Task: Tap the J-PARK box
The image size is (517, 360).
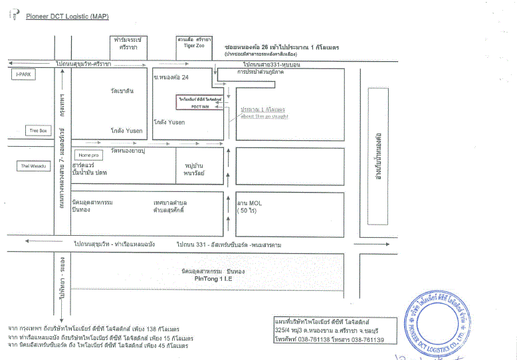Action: [24, 75]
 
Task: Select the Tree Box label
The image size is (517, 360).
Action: [38, 130]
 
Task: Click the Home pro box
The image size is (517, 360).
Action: [88, 155]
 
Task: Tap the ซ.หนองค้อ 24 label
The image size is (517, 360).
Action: [171, 77]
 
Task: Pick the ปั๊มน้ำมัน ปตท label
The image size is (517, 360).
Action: [92, 172]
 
